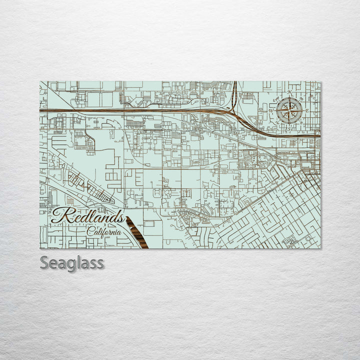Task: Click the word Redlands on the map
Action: [88, 217]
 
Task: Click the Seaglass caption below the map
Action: [72, 262]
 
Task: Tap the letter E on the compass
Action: [306, 110]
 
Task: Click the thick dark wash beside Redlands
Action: [136, 232]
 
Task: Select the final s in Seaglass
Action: [100, 263]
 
